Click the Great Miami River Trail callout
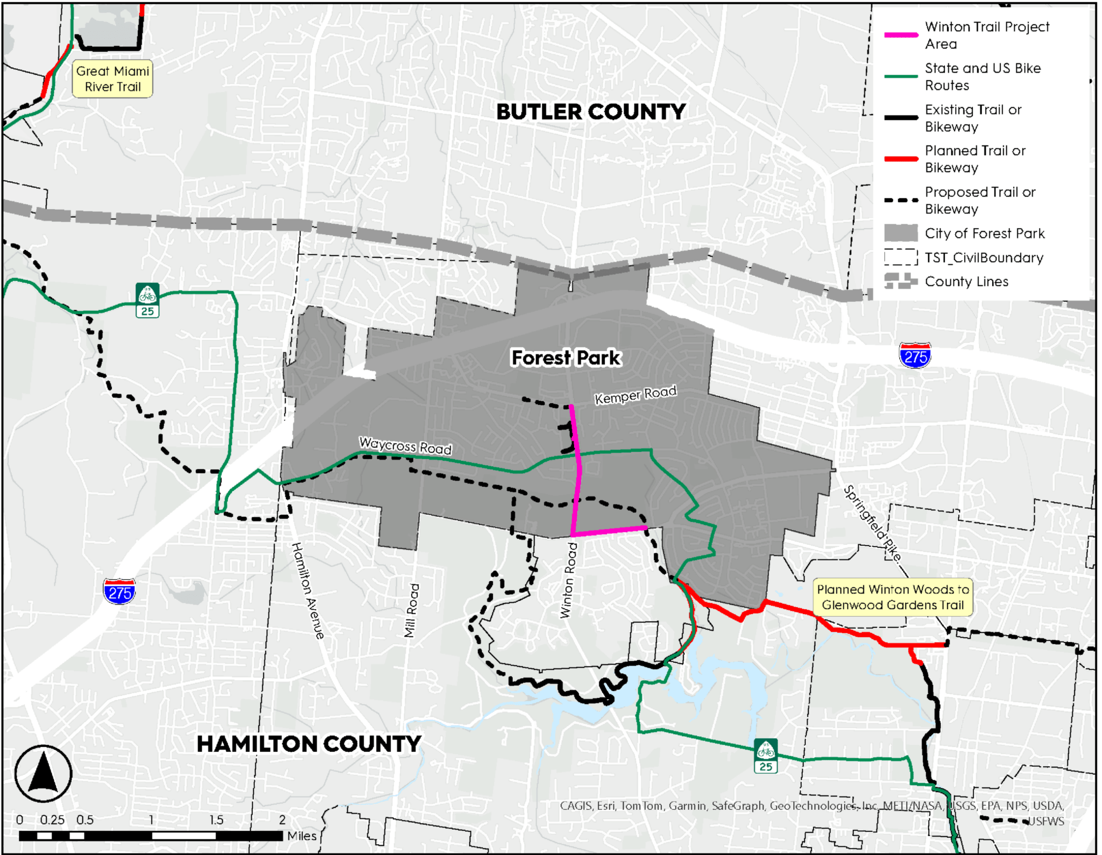tap(112, 79)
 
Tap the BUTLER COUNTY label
tap(590, 112)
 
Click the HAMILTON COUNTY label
tap(308, 744)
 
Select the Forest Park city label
tap(566, 358)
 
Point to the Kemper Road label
tap(635, 395)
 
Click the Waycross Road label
tap(405, 446)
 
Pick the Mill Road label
tap(411, 610)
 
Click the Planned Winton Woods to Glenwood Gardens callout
tap(893, 597)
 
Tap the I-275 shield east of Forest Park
tap(915, 355)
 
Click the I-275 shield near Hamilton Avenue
tap(119, 592)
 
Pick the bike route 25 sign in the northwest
tap(147, 300)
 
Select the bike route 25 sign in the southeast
tap(765, 756)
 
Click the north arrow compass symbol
tap(43, 774)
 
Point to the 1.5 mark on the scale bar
tap(216, 820)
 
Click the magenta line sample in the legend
tap(901, 35)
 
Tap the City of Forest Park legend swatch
tap(901, 233)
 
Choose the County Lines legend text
tap(966, 282)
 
